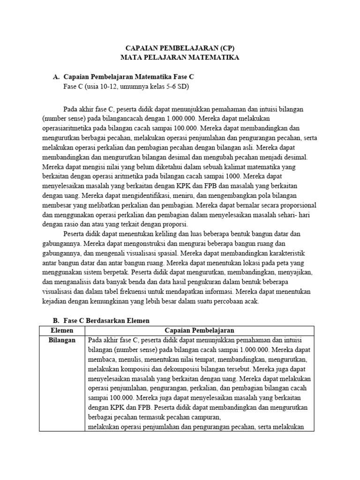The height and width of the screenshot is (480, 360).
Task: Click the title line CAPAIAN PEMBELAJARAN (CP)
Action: [180, 48]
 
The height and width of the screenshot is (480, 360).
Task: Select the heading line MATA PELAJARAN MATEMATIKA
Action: [180, 57]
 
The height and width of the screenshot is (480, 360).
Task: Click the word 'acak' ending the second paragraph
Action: [251, 302]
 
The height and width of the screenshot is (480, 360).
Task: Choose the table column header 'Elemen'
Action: [61, 330]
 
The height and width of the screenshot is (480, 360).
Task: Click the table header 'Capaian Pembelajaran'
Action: [199, 330]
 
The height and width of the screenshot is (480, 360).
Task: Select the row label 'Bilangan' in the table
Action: [62, 340]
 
